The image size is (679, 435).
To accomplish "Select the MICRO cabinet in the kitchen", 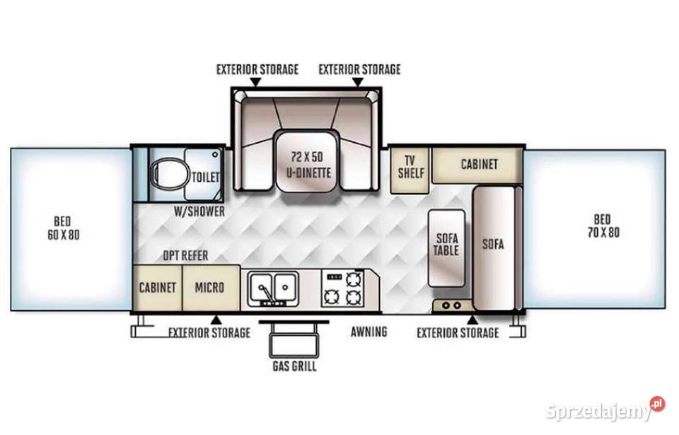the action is point(211,287).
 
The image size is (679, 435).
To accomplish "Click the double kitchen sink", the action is point(273,289).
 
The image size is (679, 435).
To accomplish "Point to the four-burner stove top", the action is point(343,288).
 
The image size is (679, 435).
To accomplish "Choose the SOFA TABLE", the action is point(446,248).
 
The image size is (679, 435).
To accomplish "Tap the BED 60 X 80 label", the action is point(63,228).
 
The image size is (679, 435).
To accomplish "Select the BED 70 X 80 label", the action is point(603,226).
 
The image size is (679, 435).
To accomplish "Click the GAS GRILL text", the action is point(294,366).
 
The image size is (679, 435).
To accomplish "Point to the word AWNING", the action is point(369,332).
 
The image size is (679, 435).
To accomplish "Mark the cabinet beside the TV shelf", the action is point(477,165).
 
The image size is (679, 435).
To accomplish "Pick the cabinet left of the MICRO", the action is point(157,287).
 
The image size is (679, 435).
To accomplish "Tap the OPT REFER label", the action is point(185,255).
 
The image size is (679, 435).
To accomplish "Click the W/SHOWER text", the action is point(199,211).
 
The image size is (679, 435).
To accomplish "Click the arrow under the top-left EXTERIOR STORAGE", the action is point(256,82).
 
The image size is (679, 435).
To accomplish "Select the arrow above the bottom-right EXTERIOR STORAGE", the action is point(472,320).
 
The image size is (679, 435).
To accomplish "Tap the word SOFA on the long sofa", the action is point(493,244).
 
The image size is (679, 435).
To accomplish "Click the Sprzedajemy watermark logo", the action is point(605,410).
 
